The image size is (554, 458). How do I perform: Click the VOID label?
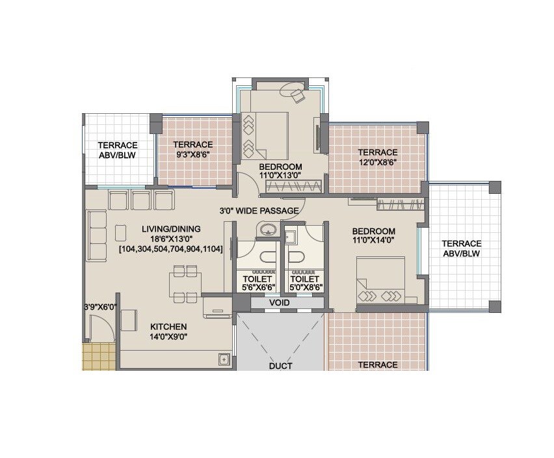280,303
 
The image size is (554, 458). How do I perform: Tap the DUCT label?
280,366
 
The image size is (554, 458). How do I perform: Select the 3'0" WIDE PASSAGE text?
259,210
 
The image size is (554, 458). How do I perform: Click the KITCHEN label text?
168,327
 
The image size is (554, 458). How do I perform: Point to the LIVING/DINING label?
171,229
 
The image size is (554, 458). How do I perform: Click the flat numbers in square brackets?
171,249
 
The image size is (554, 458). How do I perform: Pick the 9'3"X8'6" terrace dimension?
193,155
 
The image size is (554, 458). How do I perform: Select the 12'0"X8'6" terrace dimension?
377,163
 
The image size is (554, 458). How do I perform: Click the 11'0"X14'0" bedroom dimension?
374,241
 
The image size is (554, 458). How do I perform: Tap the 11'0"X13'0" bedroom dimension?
280,176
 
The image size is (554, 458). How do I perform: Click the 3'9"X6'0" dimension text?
99,306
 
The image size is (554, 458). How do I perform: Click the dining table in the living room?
185,284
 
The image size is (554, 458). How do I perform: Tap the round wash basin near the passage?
267,229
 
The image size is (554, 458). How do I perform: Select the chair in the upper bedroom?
298,96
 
